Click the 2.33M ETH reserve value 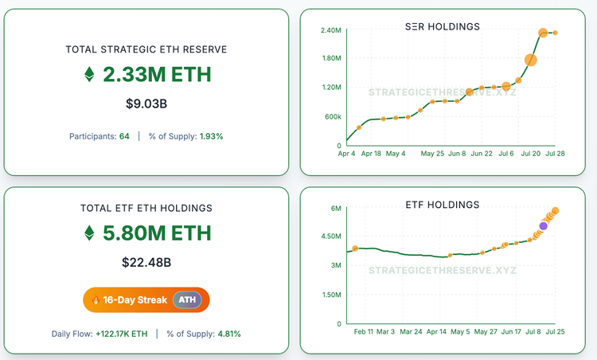pos(157,76)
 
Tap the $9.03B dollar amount pos(146,104)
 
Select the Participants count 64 pos(124,136)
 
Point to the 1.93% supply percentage pos(211,136)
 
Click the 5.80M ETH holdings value pos(157,233)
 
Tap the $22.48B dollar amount pos(146,261)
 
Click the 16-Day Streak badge pos(129,300)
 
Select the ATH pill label pos(186,300)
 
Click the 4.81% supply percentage pos(229,334)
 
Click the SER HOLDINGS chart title pos(443,27)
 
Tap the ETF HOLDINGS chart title pos(443,205)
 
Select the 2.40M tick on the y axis pos(332,30)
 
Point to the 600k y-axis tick pos(332,116)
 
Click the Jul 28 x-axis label pos(555,153)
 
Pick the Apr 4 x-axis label pos(348,153)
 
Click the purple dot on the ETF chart pos(543,225)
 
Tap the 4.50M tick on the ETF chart pos(330,237)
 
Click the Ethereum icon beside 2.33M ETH pos(89,76)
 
